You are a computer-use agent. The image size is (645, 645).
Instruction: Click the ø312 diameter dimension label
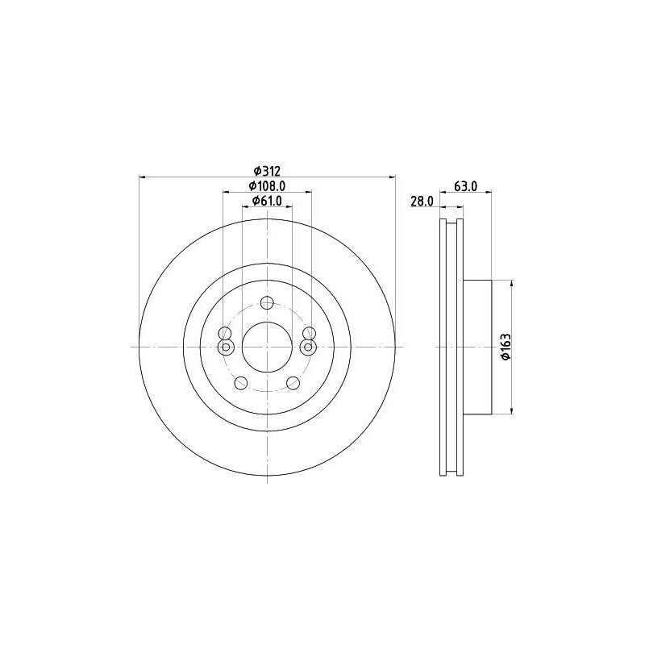[267, 170]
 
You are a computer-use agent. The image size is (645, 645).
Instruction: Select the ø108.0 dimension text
[267, 186]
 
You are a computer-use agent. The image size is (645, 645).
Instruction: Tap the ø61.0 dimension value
[267, 202]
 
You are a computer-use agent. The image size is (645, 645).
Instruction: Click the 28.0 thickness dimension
[422, 202]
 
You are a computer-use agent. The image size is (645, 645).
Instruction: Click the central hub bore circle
[267, 347]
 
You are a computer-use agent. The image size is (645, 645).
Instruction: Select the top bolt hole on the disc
[267, 303]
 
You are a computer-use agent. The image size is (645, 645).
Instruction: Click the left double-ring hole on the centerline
[226, 347]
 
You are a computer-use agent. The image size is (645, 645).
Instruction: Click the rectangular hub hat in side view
[477, 347]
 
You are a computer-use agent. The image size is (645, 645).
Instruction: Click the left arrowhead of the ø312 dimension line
[143, 177]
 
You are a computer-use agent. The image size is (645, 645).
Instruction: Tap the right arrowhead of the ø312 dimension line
[393, 177]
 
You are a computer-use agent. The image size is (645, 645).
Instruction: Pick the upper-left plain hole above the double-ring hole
[227, 334]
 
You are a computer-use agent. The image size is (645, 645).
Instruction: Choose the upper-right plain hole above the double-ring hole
[307, 334]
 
